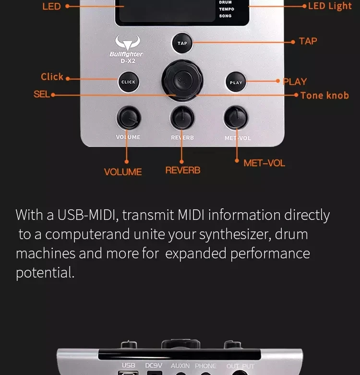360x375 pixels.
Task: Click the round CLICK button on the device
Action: pos(128,82)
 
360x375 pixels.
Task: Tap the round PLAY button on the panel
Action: pos(236,82)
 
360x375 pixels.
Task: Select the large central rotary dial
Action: pos(182,81)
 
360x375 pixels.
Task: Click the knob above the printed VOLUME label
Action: pos(129,118)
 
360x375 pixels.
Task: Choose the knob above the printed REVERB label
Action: pos(182,118)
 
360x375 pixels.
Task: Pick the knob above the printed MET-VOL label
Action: pos(236,118)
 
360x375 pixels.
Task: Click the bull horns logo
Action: pos(128,42)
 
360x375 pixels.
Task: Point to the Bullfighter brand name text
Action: pos(126,54)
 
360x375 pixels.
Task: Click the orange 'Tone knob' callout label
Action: pos(324,96)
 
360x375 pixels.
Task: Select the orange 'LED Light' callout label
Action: pos(330,6)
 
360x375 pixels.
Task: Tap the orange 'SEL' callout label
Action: pos(42,94)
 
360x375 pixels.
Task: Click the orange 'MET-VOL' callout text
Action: pos(264,163)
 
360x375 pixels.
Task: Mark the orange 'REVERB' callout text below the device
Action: pos(182,170)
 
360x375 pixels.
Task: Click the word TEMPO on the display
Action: pos(227,9)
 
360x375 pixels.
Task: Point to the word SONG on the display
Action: pos(225,16)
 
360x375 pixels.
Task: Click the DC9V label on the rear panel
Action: pos(154,365)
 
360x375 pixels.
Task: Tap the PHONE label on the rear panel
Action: pos(205,366)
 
